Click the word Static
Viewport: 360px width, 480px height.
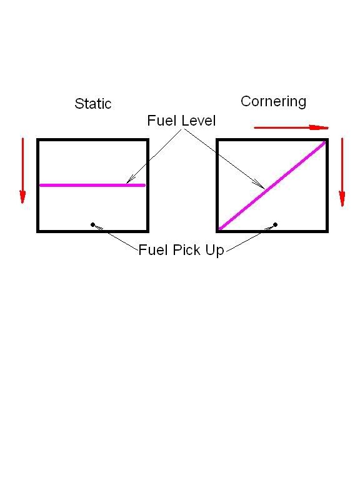click(x=93, y=104)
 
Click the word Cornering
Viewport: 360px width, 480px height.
click(x=273, y=101)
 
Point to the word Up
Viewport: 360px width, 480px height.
click(x=215, y=251)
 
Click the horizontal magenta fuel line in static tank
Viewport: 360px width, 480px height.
click(x=92, y=185)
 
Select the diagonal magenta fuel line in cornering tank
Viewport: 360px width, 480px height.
click(x=272, y=185)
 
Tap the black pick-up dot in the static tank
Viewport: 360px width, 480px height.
click(x=92, y=225)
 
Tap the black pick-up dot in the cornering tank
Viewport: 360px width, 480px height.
click(x=275, y=225)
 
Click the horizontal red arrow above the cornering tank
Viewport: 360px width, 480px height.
click(x=291, y=127)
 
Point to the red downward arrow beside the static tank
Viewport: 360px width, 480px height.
click(x=22, y=171)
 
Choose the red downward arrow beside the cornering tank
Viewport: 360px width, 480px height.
click(x=342, y=172)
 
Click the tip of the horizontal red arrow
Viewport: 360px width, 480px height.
click(x=329, y=127)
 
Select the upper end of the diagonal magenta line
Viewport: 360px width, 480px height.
click(x=325, y=142)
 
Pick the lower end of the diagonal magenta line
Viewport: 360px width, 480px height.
click(x=219, y=229)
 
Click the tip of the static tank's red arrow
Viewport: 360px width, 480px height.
click(x=22, y=203)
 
